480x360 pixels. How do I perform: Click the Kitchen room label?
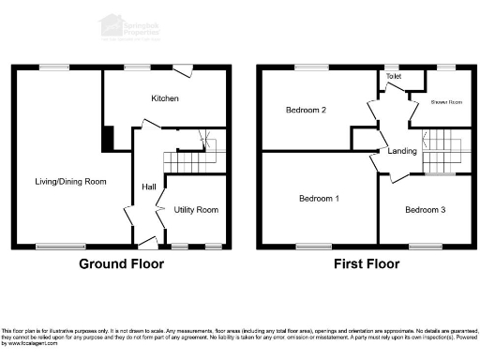point(165,98)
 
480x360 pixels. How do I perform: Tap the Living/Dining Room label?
point(71,182)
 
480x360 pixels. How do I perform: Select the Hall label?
point(149,186)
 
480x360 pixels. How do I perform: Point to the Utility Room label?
point(196,210)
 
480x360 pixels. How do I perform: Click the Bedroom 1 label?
point(319,199)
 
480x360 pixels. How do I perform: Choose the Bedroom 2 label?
point(306,111)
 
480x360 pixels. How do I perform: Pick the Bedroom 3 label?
point(425,210)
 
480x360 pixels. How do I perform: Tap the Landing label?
point(402,151)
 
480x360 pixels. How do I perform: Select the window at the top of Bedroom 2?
point(310,67)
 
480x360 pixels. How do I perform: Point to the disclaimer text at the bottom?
point(240,336)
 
